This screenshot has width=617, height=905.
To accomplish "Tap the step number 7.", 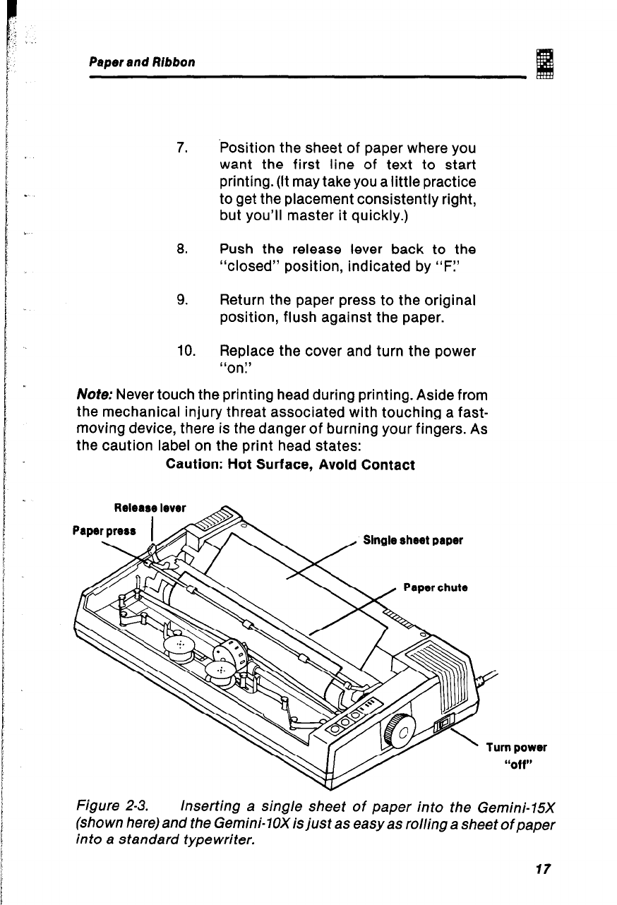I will click(181, 149).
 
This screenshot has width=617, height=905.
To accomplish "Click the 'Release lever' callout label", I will click(140, 508).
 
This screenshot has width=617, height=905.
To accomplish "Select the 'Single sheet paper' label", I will click(413, 541).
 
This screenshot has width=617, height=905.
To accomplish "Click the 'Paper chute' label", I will click(436, 587).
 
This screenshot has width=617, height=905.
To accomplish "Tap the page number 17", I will click(541, 868).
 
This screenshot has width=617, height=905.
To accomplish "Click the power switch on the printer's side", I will click(444, 723).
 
